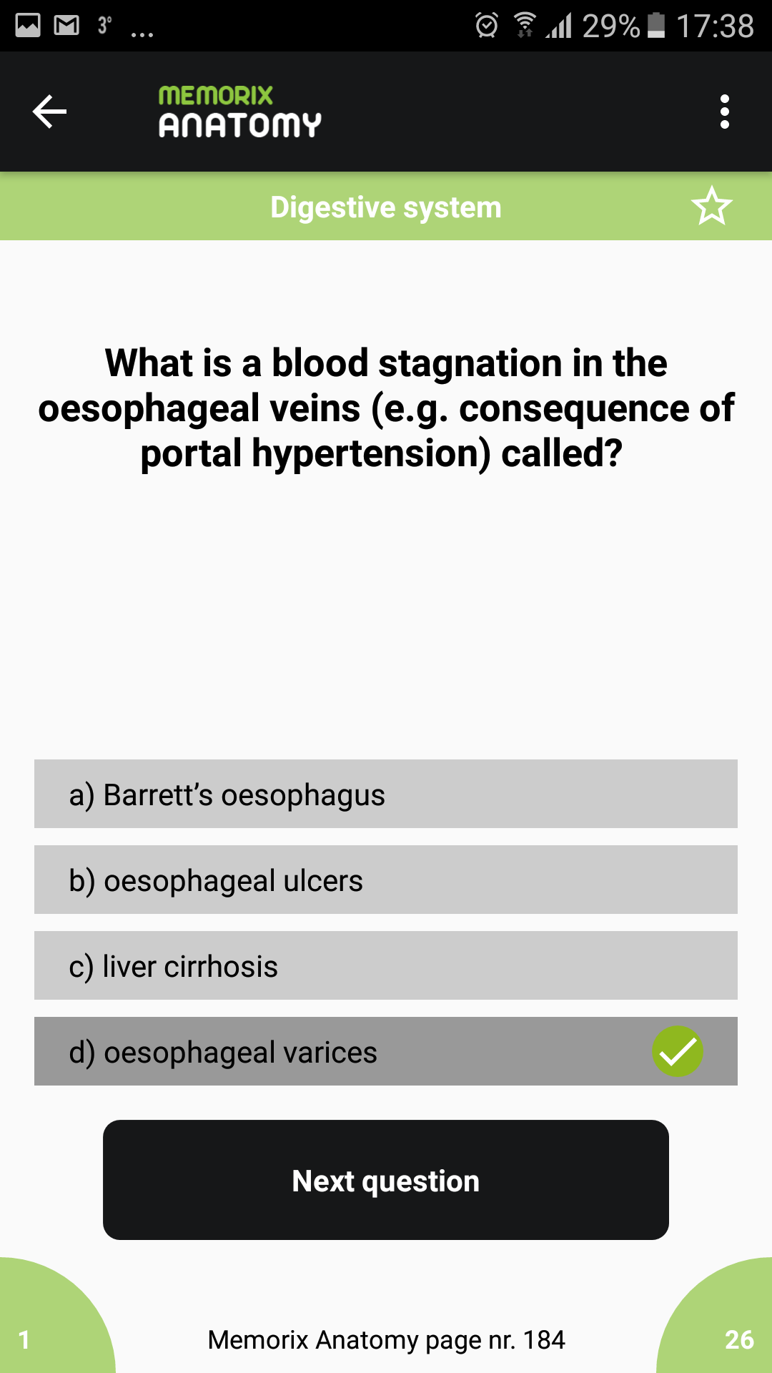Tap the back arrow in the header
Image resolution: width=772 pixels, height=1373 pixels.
[x=49, y=112]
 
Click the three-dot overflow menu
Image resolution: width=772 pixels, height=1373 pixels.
[x=725, y=112]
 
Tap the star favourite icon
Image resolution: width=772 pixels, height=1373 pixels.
[x=712, y=206]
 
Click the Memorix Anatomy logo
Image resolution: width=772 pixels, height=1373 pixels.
[x=239, y=112]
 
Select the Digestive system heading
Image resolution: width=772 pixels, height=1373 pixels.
[x=386, y=207]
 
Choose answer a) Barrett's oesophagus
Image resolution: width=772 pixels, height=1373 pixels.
[x=386, y=794]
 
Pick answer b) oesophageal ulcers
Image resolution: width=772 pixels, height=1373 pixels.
[x=386, y=880]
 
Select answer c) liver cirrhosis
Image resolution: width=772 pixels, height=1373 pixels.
[x=386, y=965]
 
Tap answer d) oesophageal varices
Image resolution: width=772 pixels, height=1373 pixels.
[x=386, y=1051]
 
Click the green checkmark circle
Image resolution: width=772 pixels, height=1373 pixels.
[x=678, y=1051]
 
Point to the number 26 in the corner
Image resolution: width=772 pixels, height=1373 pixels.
[x=739, y=1339]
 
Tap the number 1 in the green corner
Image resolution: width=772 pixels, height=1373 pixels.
[x=24, y=1339]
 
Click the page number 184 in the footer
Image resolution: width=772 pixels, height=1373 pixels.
[x=544, y=1339]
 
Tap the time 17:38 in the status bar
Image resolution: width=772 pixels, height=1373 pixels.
[x=715, y=26]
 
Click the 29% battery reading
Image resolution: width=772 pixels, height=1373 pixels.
[x=611, y=26]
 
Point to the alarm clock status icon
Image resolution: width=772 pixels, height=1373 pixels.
[x=487, y=25]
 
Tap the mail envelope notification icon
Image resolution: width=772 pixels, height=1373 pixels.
[x=66, y=26]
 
